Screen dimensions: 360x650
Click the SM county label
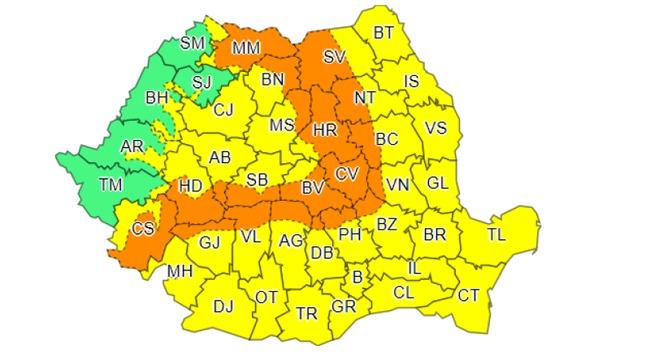click(x=193, y=43)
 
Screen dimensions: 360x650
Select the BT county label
click(x=384, y=33)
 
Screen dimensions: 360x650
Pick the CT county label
click(x=468, y=295)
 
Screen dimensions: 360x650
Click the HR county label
click(x=324, y=131)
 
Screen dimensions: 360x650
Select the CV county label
click(x=346, y=174)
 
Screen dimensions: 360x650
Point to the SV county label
click(x=335, y=58)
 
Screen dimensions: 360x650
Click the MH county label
click(x=180, y=272)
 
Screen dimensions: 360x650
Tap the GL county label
click(x=436, y=183)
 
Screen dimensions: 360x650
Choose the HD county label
click(x=190, y=186)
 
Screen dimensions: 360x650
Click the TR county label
click(x=307, y=315)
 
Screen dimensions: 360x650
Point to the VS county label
click(x=436, y=128)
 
